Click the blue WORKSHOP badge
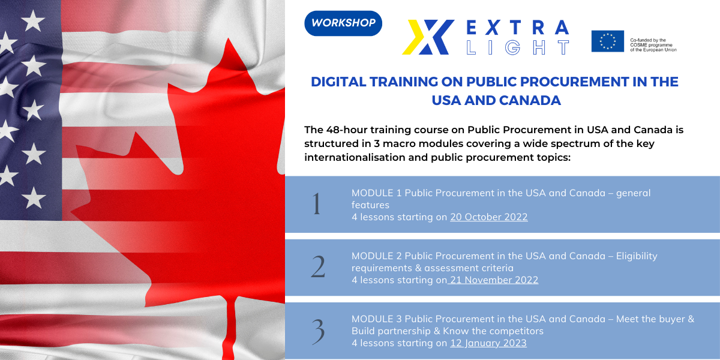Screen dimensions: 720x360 [x=343, y=23]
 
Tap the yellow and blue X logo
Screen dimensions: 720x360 [x=428, y=37]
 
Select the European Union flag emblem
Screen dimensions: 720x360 [x=607, y=41]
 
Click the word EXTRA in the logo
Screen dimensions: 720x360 [x=517, y=28]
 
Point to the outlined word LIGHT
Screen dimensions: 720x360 [x=517, y=47]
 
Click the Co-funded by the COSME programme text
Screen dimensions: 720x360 [x=653, y=45]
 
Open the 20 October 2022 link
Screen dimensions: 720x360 [x=488, y=217]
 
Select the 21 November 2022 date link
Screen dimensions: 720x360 [x=494, y=280]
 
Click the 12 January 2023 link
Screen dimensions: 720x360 [x=488, y=343]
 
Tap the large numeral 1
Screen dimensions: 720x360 [x=317, y=204]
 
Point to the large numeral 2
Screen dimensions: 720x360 [x=318, y=266]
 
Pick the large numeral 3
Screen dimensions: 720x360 [x=318, y=331]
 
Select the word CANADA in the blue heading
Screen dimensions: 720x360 [x=530, y=100]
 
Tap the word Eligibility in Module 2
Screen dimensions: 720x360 [x=637, y=256]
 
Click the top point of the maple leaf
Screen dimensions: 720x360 [x=229, y=39]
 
